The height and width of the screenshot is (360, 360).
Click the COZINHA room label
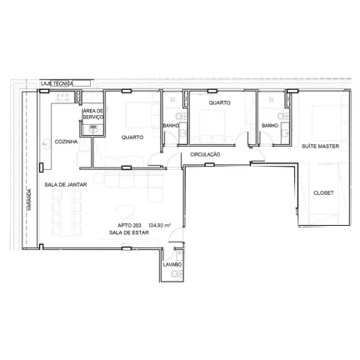coord(66,142)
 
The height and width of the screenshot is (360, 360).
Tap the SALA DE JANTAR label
coord(66,184)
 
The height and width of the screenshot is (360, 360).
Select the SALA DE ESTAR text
coord(129,232)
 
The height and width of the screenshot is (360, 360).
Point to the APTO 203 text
coord(129,226)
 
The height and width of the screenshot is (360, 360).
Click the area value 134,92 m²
coord(160,226)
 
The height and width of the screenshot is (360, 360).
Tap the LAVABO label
coord(172,264)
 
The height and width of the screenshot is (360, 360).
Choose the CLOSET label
coord(323,192)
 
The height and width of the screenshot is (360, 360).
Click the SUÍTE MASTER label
coord(320,146)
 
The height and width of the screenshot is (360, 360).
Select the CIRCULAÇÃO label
coord(205,154)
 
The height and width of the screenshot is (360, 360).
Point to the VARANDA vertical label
coord(29,199)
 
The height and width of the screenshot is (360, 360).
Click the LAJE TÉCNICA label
coord(57,83)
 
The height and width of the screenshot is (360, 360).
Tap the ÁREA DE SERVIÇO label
coord(93,114)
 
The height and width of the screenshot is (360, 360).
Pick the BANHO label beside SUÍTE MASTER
coord(270,126)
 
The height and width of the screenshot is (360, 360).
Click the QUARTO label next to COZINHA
coord(132,137)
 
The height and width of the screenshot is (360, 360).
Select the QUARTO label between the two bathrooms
coord(219,102)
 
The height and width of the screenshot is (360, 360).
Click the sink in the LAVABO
coord(176,274)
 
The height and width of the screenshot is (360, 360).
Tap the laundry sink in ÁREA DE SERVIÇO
coord(92,128)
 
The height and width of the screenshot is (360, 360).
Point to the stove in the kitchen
coord(62,97)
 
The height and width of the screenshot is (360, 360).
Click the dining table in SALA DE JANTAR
coord(67,213)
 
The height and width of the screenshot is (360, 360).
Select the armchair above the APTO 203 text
coord(125,212)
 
